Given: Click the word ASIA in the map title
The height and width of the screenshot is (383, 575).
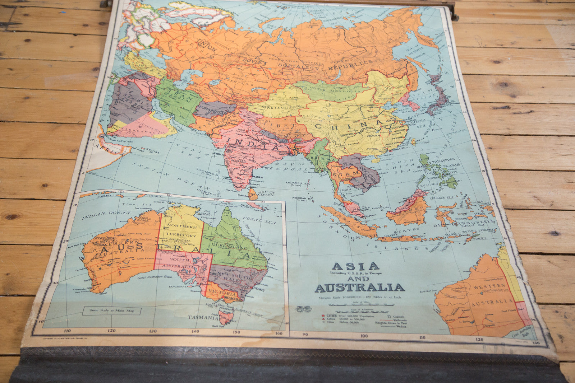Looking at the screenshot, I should tap(355, 266).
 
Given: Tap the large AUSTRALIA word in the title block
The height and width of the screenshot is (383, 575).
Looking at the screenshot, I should tap(360, 288).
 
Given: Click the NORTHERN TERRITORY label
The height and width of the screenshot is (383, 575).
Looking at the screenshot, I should tap(182, 232).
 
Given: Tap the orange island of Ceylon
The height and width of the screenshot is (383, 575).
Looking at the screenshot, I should tap(253, 194).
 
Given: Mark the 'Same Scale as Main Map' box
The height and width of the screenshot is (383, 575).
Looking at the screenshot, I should tap(111, 311).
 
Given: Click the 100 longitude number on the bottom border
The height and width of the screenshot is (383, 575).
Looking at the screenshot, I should tap(364, 336).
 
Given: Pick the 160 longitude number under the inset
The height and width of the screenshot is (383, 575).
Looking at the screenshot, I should tap(279, 333).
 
